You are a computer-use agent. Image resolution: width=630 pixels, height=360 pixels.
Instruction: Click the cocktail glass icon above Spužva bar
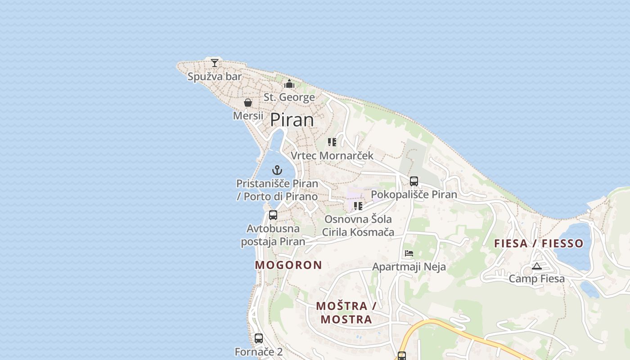point(215,63)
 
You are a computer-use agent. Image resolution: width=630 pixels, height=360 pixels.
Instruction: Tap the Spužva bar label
point(215,76)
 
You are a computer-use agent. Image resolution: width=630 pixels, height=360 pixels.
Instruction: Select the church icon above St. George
point(289,84)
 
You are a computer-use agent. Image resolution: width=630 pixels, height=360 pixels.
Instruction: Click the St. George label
point(289,97)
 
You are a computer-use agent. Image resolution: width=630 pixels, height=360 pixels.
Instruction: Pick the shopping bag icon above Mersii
point(247,103)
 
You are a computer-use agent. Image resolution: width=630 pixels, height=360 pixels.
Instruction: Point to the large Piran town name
point(292,120)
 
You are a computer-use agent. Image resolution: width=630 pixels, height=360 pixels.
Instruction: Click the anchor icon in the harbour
point(277,170)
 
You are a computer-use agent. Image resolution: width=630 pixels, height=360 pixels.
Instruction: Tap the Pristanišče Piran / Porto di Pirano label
point(277,190)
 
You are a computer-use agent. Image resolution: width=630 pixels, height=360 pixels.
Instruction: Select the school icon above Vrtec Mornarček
point(332,142)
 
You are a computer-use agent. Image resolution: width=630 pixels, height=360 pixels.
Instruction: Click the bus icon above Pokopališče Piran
point(414,181)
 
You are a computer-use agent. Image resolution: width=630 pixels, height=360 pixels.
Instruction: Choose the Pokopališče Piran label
point(414,194)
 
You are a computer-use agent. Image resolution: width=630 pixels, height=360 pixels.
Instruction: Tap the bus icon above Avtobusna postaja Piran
point(273,215)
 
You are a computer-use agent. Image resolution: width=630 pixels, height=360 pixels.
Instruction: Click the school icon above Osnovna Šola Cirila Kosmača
point(358,206)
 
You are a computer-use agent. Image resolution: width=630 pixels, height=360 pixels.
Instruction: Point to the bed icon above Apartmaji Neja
point(409,253)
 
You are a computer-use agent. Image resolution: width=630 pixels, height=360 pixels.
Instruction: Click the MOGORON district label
point(288,265)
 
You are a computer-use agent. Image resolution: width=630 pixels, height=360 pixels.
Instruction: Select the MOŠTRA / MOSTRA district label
point(346,313)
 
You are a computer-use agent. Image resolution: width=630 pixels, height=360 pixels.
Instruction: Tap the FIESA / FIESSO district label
point(539,243)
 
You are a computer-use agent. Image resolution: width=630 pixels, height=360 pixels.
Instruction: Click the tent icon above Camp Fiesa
point(536,266)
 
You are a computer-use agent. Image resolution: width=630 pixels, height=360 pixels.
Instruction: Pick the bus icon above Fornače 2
point(259,338)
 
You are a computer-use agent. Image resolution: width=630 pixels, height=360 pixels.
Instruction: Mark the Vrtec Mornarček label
point(332,156)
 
